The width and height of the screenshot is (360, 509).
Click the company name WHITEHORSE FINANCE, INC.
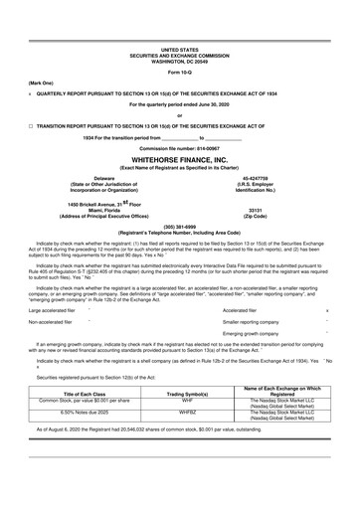179,158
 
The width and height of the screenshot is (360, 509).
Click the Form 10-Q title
179,74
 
